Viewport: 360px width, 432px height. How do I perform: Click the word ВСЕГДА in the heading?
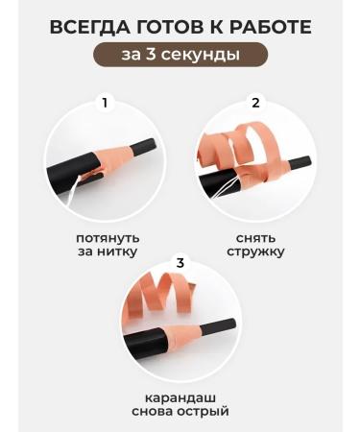point(88,27)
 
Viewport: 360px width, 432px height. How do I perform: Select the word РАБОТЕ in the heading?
point(273,27)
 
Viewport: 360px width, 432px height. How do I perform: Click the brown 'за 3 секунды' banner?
point(180,55)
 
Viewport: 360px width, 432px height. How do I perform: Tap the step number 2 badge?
point(255,102)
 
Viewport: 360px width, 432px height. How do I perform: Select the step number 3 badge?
point(179,261)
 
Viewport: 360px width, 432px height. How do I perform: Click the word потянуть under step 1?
point(108,236)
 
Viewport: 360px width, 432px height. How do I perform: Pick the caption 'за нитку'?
point(108,252)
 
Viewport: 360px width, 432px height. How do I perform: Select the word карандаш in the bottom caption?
point(180,396)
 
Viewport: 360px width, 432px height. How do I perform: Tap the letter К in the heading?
point(218,27)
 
